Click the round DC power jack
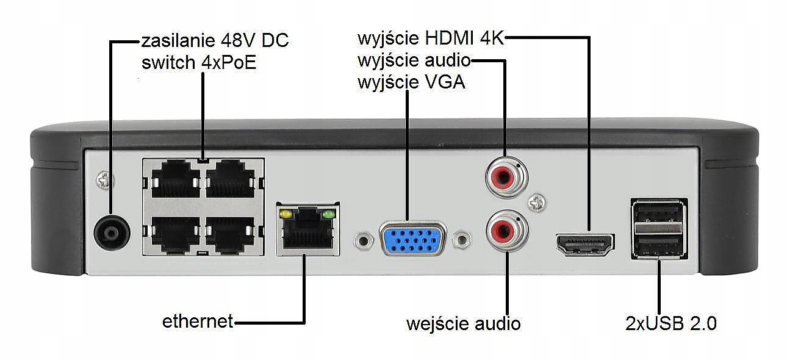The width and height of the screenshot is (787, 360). coord(112,232)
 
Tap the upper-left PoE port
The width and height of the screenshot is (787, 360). coord(176,179)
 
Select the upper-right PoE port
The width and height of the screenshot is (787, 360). coord(231,179)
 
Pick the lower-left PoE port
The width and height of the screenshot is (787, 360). coord(176,235)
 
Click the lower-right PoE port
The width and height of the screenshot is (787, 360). coord(231,235)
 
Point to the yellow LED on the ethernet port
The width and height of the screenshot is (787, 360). coord(286,214)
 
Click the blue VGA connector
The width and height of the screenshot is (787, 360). coord(413,239)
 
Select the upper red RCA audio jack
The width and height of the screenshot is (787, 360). coord(506,177)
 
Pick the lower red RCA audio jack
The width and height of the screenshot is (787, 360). coord(507,231)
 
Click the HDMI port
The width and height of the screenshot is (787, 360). coord(585,243)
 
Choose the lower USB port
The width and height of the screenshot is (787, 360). coord(658,245)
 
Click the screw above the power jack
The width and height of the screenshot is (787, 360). coord(104,181)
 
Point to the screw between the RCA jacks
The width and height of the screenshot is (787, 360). coord(537,203)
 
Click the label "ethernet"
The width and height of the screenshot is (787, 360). coord(198,322)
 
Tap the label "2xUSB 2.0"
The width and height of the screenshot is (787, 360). coord(670,323)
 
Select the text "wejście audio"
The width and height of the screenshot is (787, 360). coord(464,324)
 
